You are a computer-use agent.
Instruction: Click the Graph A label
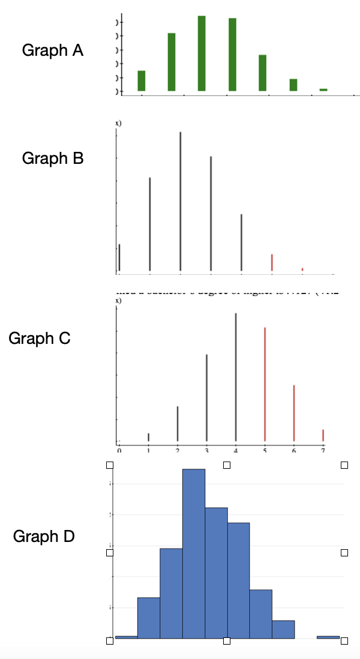point(53,50)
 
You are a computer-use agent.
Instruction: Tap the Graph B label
point(53,158)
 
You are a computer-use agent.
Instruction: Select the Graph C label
point(40,339)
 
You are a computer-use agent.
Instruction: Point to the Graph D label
point(44,536)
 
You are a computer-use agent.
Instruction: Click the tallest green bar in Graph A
point(202,53)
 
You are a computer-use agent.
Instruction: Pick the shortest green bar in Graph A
point(323,89)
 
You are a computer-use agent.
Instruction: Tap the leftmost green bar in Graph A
point(142,80)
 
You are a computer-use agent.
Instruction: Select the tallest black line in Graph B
point(180,201)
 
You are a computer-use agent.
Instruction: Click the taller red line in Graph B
point(272,262)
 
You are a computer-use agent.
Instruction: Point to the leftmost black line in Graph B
point(119,257)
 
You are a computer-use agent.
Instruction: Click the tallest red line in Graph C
point(265,384)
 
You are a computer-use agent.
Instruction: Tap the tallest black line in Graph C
point(236,377)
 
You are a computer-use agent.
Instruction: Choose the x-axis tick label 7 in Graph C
point(323,450)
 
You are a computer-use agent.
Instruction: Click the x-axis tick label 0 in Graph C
point(119,450)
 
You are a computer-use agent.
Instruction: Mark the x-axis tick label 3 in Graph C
point(206,450)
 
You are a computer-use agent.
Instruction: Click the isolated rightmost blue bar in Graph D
point(328,637)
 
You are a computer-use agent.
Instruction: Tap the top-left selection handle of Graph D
point(110,465)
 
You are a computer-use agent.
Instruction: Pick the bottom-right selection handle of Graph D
point(344,641)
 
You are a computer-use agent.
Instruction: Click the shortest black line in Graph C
point(148,437)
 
